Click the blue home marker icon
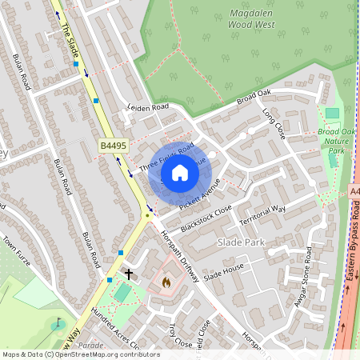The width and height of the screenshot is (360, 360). click(x=180, y=173)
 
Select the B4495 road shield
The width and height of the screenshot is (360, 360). click(x=114, y=145)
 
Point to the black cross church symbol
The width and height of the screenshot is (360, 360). click(x=128, y=274)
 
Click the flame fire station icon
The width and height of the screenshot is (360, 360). click(x=166, y=282)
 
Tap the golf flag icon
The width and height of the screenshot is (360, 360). click(x=57, y=324)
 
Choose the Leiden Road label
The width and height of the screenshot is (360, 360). click(x=149, y=107)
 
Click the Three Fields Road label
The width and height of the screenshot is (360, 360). click(x=166, y=158)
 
